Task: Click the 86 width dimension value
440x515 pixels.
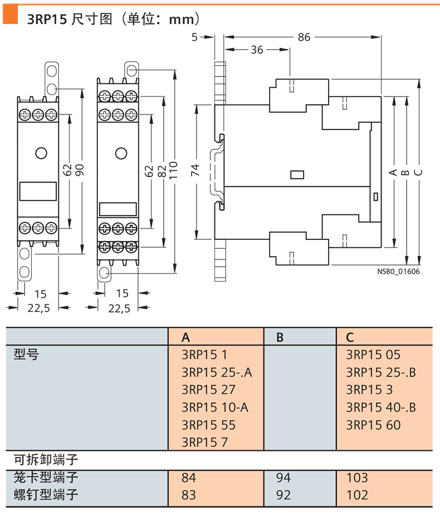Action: (x=304, y=37)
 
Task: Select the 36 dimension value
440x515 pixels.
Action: (x=257, y=50)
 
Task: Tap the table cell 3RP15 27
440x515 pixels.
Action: (x=208, y=389)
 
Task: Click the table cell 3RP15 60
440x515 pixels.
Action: (x=373, y=425)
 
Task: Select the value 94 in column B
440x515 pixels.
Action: (x=283, y=478)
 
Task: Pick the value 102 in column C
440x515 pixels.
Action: (x=357, y=495)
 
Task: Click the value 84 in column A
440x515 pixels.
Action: (x=189, y=478)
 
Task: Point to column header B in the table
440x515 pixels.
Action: (x=280, y=336)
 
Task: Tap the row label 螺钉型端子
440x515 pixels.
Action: (x=46, y=495)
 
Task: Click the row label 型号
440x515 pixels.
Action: (x=26, y=354)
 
